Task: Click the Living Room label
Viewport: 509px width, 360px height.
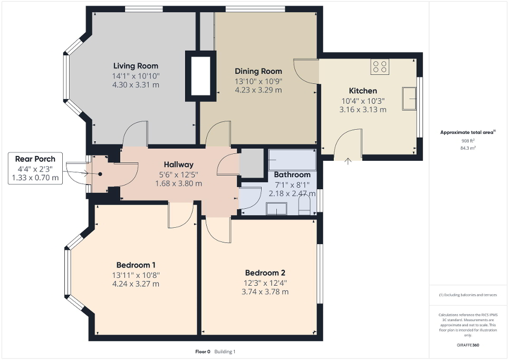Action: [x=136, y=66]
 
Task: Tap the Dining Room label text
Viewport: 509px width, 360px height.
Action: [x=258, y=71]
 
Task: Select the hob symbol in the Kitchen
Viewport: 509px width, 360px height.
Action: [x=380, y=66]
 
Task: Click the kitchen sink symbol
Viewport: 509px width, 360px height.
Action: [x=409, y=99]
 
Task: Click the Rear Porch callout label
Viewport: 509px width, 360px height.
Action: [x=35, y=159]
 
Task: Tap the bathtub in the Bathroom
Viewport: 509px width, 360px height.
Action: [x=292, y=159]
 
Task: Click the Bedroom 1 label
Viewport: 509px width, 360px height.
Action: [x=136, y=265]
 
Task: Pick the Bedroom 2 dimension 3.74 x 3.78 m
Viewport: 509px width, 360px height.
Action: [x=265, y=291]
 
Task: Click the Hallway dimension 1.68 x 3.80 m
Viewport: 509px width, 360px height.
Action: [x=178, y=183]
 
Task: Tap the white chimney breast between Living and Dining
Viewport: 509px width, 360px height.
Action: [x=200, y=75]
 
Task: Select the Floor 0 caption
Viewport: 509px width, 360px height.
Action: [x=202, y=352]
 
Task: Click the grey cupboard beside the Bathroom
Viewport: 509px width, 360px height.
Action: [x=251, y=162]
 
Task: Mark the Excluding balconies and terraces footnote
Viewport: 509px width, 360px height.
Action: [x=468, y=295]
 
